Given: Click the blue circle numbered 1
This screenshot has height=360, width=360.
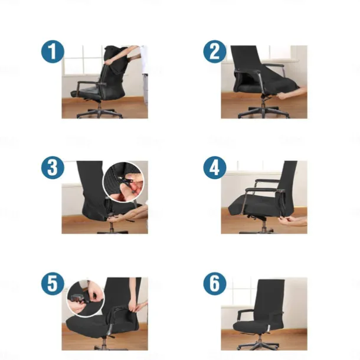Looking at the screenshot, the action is [x=53, y=51].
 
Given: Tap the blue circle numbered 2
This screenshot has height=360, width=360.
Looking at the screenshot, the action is [x=215, y=51].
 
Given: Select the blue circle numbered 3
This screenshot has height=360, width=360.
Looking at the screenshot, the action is [x=53, y=168].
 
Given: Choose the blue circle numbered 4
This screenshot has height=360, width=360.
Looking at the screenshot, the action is [x=215, y=168].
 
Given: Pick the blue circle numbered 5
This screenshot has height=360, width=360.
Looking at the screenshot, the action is [x=53, y=284].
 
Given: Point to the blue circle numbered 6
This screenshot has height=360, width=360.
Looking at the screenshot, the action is [x=215, y=284].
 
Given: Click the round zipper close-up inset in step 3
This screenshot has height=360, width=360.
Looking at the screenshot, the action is [x=124, y=182].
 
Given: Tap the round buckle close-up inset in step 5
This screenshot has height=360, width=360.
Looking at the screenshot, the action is [x=86, y=299].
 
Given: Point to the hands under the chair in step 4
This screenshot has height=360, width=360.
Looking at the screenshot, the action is [x=293, y=221].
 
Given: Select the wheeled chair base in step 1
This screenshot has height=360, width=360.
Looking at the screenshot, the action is [x=100, y=113].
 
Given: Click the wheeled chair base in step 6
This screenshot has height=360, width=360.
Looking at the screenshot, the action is [x=258, y=343].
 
